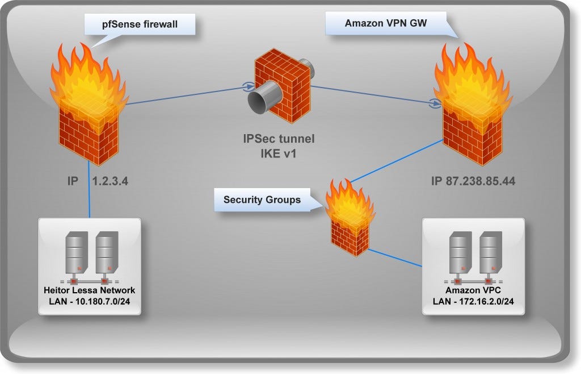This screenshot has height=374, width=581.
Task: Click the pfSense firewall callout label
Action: tap(140, 24)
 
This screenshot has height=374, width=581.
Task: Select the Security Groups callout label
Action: tap(262, 200)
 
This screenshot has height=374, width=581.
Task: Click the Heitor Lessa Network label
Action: tap(90, 290)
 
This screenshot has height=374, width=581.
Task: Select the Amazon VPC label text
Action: tap(473, 290)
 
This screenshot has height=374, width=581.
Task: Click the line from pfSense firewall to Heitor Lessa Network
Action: tap(89, 188)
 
